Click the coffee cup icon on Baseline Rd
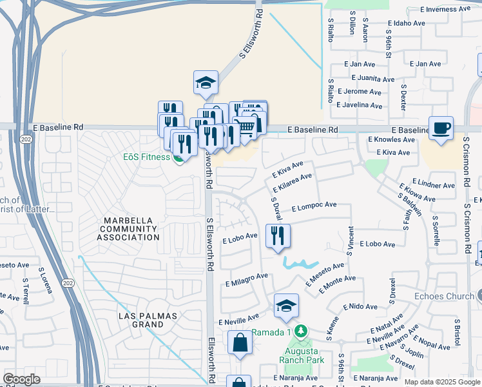point(441,128)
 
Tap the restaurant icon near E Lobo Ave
point(278,235)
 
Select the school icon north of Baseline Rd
point(206,83)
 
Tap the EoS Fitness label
point(147,156)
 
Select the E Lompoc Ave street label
point(314,206)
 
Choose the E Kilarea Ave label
point(292,183)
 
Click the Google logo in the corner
point(22,379)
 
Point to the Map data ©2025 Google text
point(442,382)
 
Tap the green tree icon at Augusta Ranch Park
point(299,332)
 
